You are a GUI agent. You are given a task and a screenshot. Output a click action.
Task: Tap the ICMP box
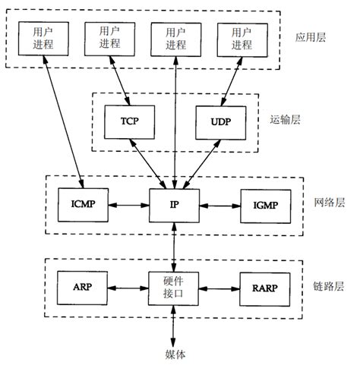(x=83, y=204)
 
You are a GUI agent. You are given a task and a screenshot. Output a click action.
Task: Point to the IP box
(x=174, y=204)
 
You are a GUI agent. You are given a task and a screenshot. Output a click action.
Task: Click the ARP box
(x=83, y=288)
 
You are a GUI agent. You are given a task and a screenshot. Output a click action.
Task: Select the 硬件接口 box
(x=174, y=288)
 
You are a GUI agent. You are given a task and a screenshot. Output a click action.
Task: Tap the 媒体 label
(x=174, y=354)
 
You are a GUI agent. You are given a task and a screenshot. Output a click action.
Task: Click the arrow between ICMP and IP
(x=128, y=204)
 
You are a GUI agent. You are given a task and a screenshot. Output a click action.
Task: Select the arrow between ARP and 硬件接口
(x=128, y=288)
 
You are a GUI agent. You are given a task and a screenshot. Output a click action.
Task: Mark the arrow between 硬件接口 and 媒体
(x=174, y=328)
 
